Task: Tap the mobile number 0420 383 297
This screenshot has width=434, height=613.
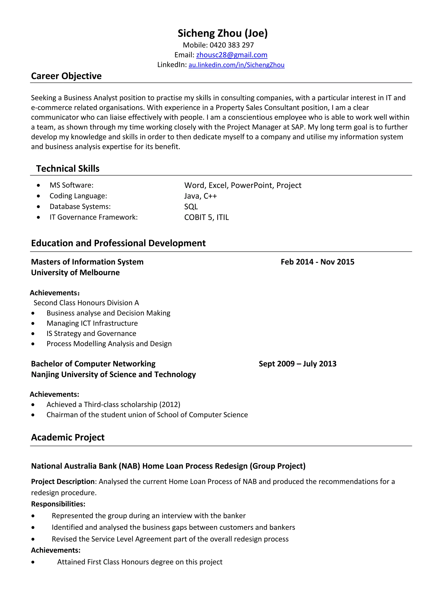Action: tap(231, 45)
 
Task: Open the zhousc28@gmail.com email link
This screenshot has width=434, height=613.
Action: tap(232, 55)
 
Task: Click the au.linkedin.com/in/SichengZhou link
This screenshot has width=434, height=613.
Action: tap(236, 65)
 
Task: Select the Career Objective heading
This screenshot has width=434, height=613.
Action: tap(66, 76)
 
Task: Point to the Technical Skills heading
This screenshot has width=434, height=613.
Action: tap(68, 169)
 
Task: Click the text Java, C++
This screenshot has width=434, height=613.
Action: tap(200, 196)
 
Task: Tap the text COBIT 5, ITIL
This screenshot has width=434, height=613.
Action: tap(206, 217)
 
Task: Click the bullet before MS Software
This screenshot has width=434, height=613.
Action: tap(39, 185)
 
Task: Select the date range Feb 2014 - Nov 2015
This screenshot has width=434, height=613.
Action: tap(317, 262)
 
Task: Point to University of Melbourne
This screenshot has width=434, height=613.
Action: tap(75, 273)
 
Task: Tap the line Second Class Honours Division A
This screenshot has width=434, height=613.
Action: tap(86, 303)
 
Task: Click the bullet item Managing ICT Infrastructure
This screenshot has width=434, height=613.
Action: tap(92, 323)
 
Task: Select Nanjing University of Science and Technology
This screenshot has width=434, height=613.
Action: tap(113, 375)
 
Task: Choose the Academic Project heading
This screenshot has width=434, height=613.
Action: tap(68, 437)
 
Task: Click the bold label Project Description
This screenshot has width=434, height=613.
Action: tap(63, 481)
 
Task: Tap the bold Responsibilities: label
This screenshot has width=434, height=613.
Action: tap(58, 504)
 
